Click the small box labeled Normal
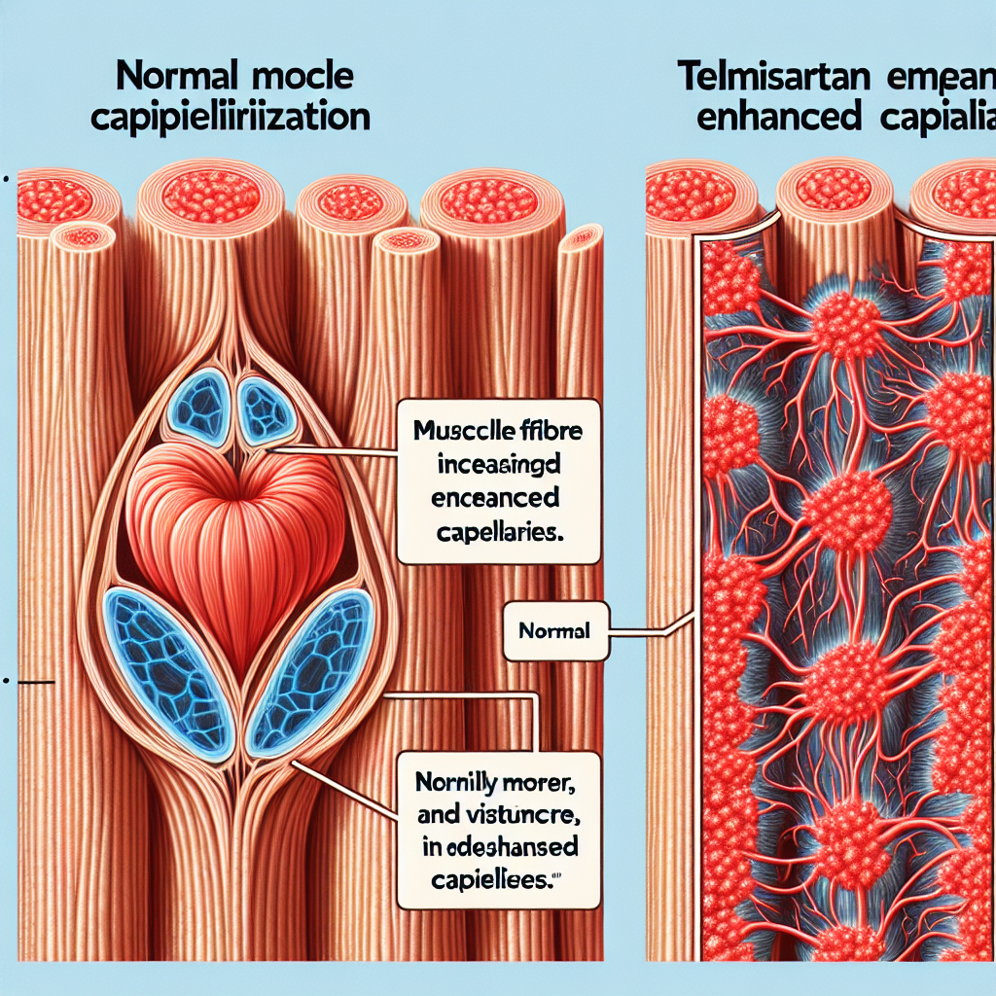point(554,630)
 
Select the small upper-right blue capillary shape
point(265,407)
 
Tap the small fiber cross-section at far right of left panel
point(582,236)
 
